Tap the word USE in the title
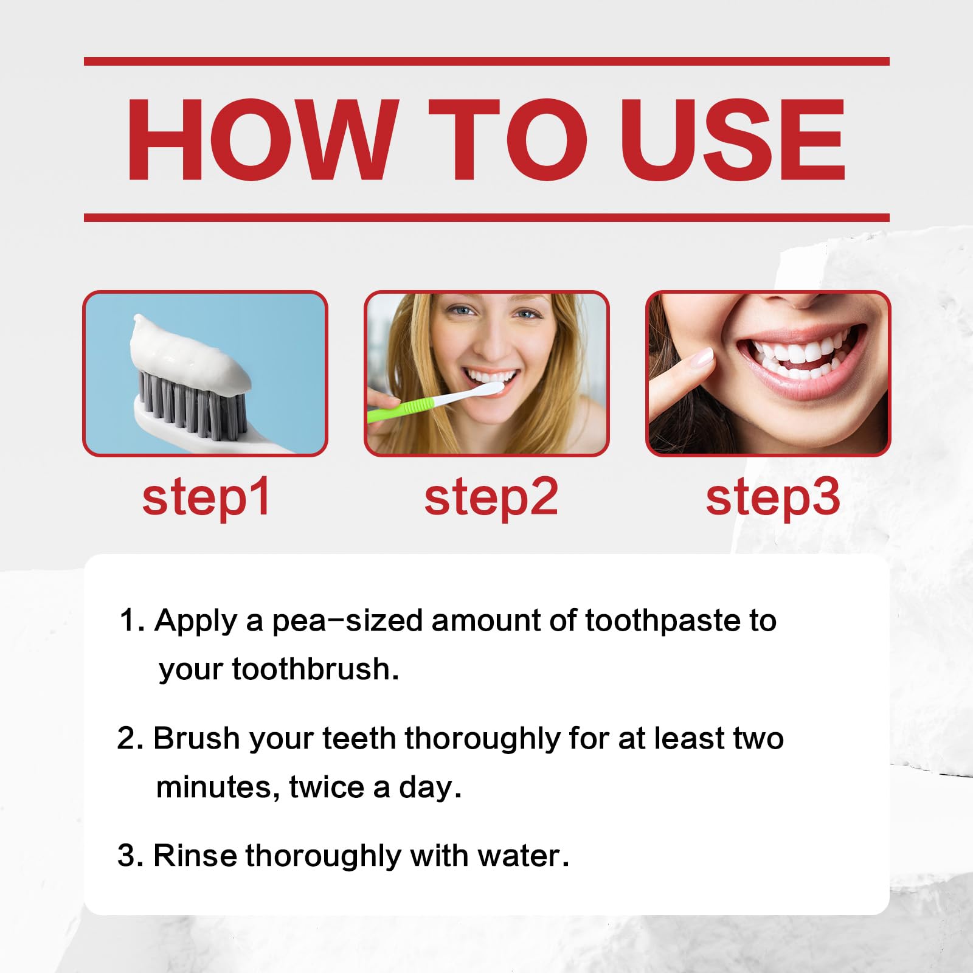[x=732, y=140]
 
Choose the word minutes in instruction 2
[x=217, y=788]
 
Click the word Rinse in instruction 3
[x=195, y=856]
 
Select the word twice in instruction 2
[x=326, y=788]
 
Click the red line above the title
[x=486, y=61]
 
